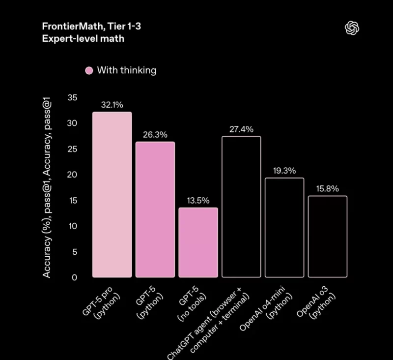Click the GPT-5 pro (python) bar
[112, 195]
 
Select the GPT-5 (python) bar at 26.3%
[155, 210]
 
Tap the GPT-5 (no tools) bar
[198, 242]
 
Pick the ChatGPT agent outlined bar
[241, 207]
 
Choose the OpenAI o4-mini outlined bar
[284, 228]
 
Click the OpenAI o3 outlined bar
[328, 237]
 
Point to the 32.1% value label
[112, 105]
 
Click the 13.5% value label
[198, 200]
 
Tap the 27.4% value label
[241, 129]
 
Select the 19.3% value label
[284, 171]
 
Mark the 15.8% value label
[328, 188]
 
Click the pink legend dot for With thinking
[89, 70]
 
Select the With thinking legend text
[127, 70]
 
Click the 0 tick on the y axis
[74, 278]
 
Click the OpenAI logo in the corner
[352, 29]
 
